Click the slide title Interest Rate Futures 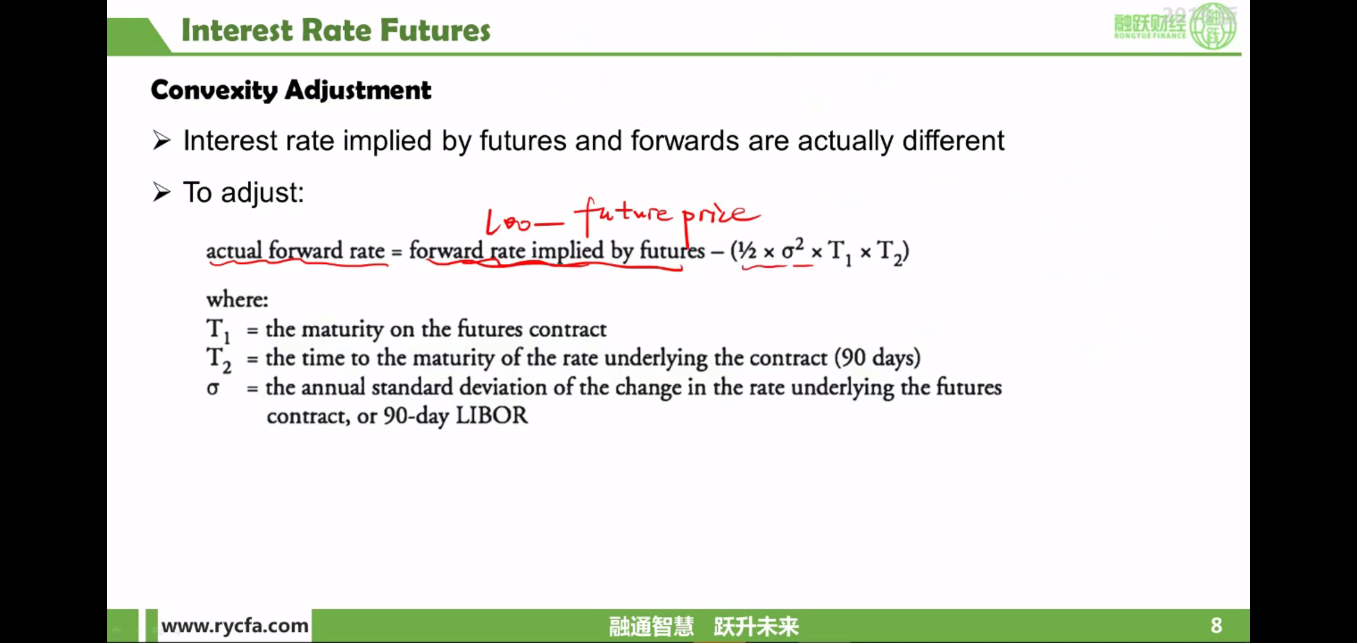(x=336, y=30)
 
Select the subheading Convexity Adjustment (x=291, y=90)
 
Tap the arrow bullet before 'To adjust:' (x=161, y=192)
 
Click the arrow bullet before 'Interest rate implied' (x=161, y=141)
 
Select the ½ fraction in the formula (x=747, y=251)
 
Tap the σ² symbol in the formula (x=793, y=249)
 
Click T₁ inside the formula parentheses (x=840, y=252)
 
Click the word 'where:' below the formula (x=237, y=299)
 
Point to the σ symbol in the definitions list (x=213, y=388)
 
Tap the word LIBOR (x=492, y=416)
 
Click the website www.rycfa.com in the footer (x=235, y=626)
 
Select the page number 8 (x=1216, y=625)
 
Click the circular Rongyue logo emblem (x=1212, y=26)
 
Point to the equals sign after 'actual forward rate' (x=396, y=252)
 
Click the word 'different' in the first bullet (x=953, y=141)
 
